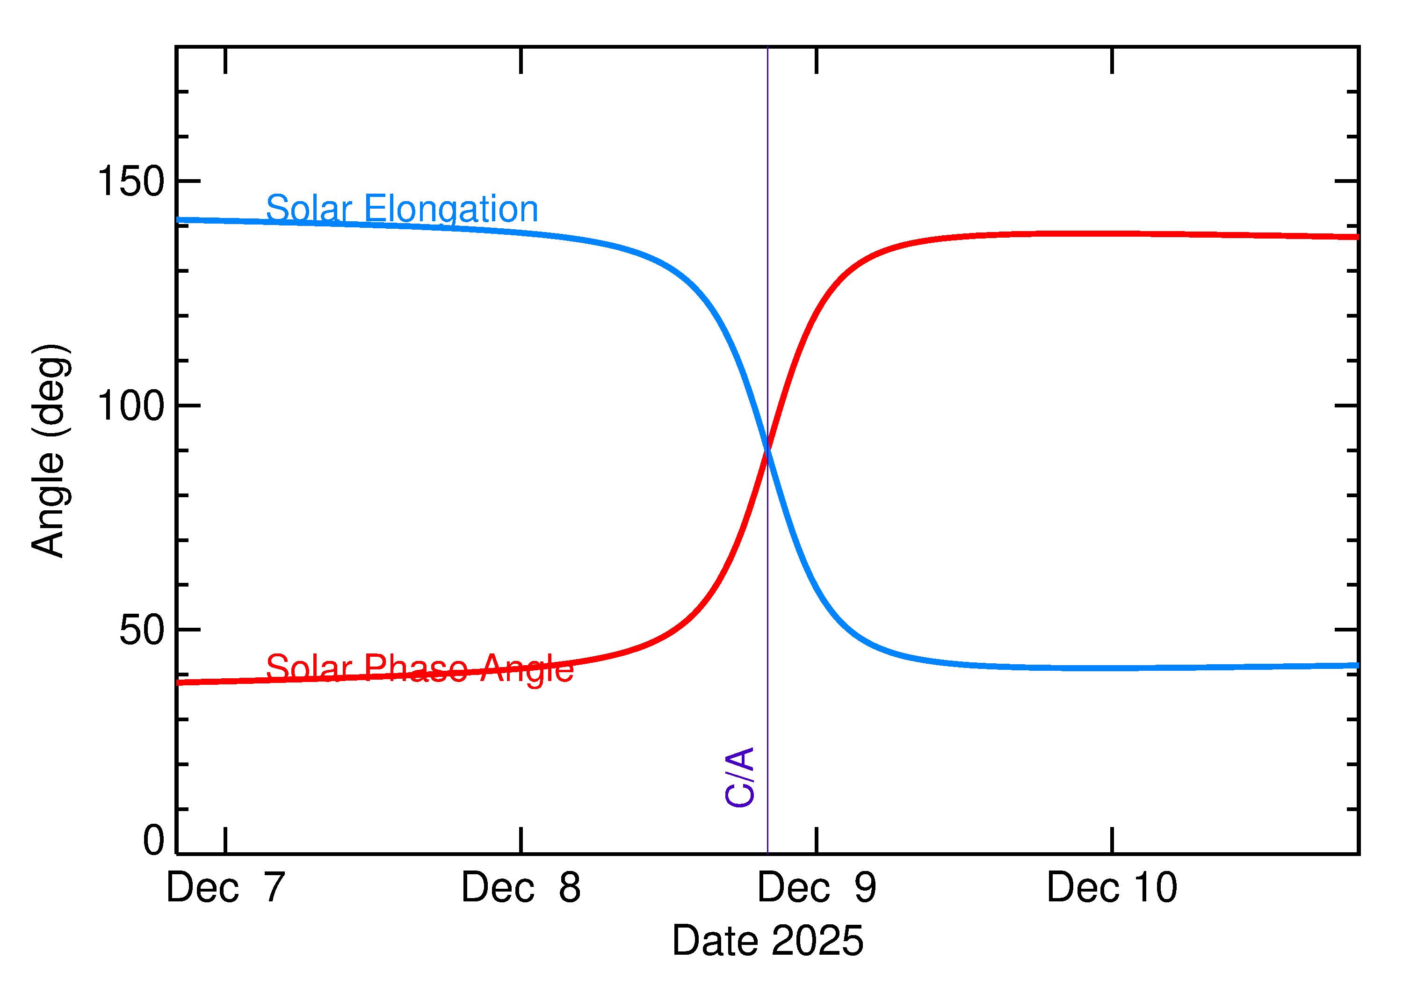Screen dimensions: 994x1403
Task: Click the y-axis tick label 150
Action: pyautogui.click(x=131, y=182)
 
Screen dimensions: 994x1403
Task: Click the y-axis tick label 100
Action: pyautogui.click(x=131, y=406)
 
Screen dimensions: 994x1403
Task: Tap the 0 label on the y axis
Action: pyautogui.click(x=153, y=841)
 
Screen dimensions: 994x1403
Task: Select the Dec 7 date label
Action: pyautogui.click(x=225, y=888)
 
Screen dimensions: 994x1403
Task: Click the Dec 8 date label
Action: pyautogui.click(x=521, y=888)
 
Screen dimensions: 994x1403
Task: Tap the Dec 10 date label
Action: pyautogui.click(x=1112, y=888)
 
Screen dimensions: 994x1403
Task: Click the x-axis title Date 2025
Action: pyautogui.click(x=767, y=941)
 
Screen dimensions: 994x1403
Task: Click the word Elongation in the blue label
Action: pyautogui.click(x=451, y=210)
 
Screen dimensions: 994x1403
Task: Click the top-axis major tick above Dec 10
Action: pyautogui.click(x=1112, y=60)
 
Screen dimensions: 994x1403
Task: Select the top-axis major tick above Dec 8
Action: pyautogui.click(x=521, y=60)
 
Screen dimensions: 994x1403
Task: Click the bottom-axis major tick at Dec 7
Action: pyautogui.click(x=225, y=841)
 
